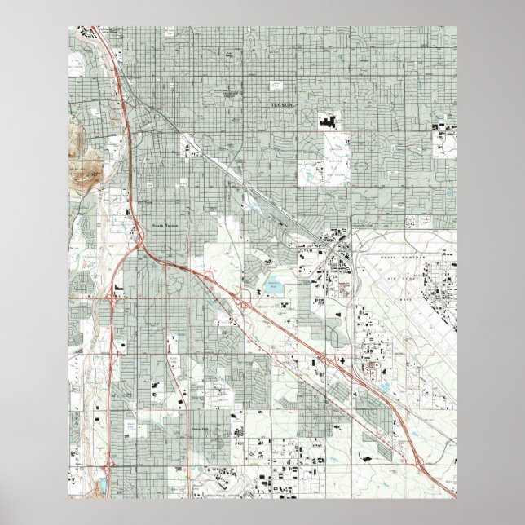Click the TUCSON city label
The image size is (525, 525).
click(285, 106)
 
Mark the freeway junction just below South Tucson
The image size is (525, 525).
click(142, 245)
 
